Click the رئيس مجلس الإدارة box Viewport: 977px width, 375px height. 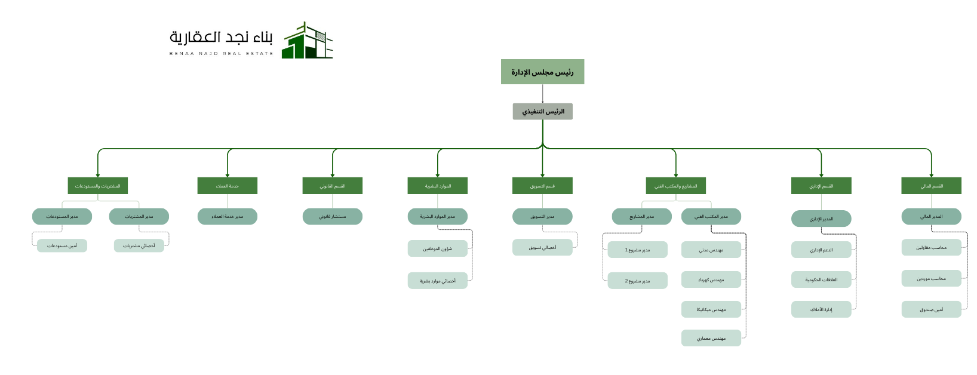[x=542, y=72]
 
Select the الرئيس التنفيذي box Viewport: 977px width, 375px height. [x=542, y=112]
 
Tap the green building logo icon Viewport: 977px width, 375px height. [x=307, y=41]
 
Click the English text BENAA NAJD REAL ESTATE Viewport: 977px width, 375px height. [x=221, y=54]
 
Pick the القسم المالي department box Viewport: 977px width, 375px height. [x=931, y=186]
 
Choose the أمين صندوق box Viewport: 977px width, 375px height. [x=931, y=309]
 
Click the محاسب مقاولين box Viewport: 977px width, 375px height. [x=931, y=247]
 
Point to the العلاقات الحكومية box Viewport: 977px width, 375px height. [x=821, y=279]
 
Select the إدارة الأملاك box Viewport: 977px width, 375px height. [x=821, y=309]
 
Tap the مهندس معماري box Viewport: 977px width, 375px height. [x=711, y=338]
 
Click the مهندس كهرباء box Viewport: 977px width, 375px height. [x=711, y=279]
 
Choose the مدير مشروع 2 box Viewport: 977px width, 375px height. [x=637, y=281]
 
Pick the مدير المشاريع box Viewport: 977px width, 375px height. [x=641, y=216]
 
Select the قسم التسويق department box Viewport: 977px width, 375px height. [x=542, y=186]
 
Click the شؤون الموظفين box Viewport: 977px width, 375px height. [x=437, y=248]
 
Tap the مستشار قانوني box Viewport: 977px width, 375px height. [x=332, y=216]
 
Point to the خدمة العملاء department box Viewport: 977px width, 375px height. [x=227, y=186]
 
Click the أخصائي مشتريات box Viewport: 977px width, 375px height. [x=139, y=245]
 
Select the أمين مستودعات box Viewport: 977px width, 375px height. [x=62, y=245]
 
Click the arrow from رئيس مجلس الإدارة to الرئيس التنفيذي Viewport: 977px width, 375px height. [x=542, y=94]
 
